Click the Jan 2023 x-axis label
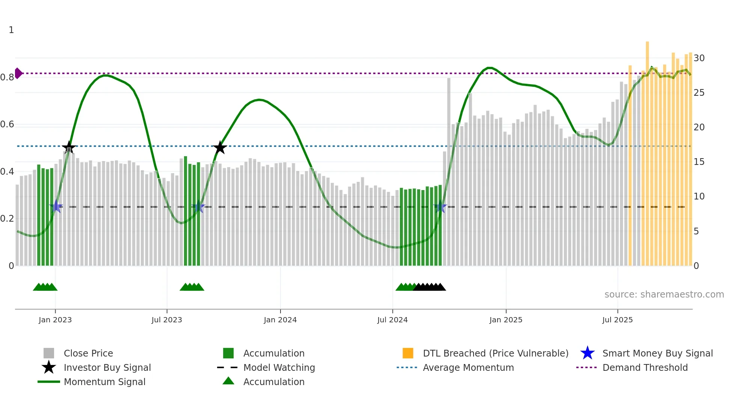coord(55,320)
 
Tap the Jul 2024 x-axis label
coord(392,320)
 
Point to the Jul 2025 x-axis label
coord(617,320)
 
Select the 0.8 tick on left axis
coord(7,77)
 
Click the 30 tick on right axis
coord(699,58)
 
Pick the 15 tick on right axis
coord(699,162)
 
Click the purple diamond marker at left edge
coord(18,73)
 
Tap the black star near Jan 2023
coord(69,147)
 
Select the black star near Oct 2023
coord(220,148)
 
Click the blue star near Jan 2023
coord(56,207)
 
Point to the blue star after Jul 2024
coord(440,207)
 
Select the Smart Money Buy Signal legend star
coord(587,353)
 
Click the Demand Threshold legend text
coord(645,367)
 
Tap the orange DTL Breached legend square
coord(408,353)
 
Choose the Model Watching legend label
coord(279,367)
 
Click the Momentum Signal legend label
coord(104,382)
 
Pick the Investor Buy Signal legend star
coord(49,367)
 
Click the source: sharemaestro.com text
coord(664,295)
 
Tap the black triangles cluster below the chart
coord(430,287)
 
